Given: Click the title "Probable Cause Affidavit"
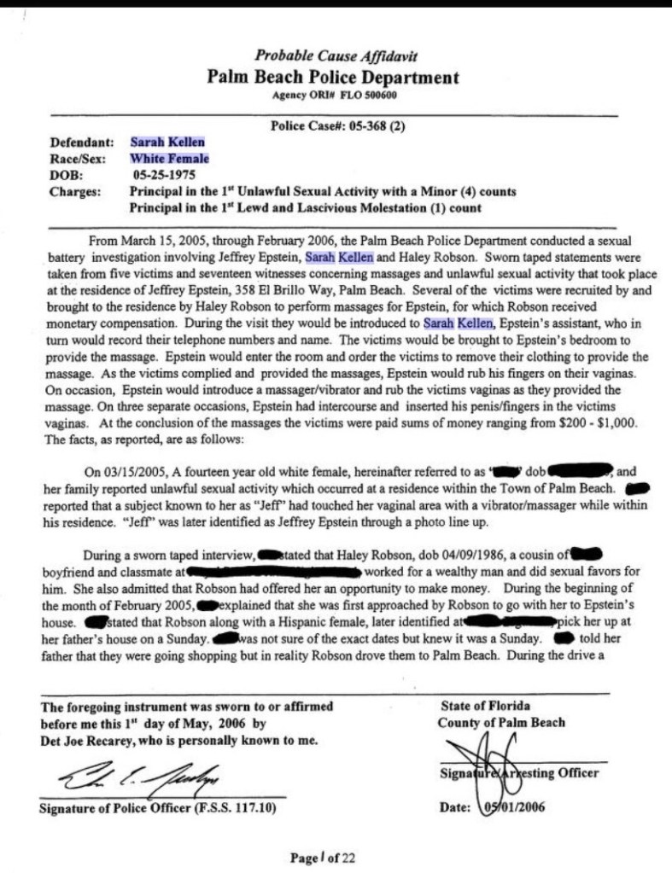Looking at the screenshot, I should pos(336,57).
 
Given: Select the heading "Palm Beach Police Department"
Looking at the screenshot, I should pos(333,77).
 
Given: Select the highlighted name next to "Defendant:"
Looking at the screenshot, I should pos(167,143).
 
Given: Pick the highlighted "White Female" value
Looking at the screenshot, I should pos(169,159).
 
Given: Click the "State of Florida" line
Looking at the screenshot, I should pos(486,706).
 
